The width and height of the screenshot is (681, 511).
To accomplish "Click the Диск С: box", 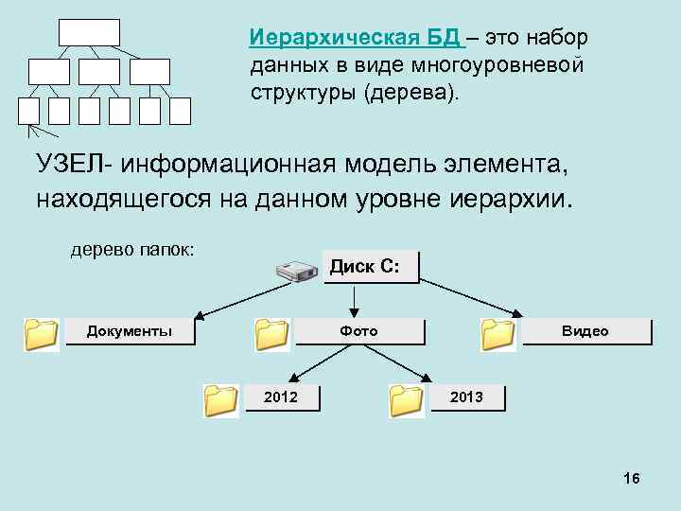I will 372,267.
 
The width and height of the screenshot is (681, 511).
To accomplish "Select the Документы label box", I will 130,331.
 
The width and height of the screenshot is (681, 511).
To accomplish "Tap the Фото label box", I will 359,331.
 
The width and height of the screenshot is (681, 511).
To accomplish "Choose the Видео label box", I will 585,331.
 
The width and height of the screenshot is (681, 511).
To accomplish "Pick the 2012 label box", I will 280,397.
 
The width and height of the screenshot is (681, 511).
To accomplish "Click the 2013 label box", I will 466,397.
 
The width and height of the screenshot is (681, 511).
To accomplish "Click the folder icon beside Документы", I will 41,334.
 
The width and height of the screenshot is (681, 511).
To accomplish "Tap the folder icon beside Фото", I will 272,334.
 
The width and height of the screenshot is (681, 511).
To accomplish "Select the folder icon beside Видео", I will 498,334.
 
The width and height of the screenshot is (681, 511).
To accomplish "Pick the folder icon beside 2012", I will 221,400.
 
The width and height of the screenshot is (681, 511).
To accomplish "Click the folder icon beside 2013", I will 408,400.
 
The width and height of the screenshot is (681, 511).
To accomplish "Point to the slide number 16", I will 632,480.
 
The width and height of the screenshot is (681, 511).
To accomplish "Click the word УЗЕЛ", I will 70,167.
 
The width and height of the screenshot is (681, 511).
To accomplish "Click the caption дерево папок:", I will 132,251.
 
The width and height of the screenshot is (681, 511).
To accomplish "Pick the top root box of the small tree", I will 89,32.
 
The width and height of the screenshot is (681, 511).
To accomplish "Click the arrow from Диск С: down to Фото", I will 354,300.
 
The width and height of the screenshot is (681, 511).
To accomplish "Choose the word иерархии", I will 510,200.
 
